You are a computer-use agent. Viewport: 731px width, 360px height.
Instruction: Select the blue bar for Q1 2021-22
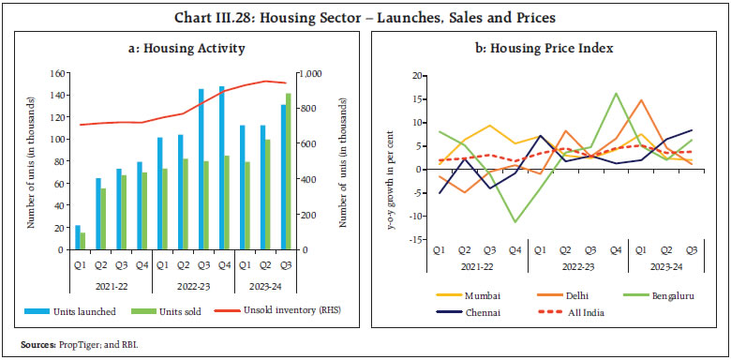pos(77,237)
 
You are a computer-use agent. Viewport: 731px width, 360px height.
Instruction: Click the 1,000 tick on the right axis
pos(310,73)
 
